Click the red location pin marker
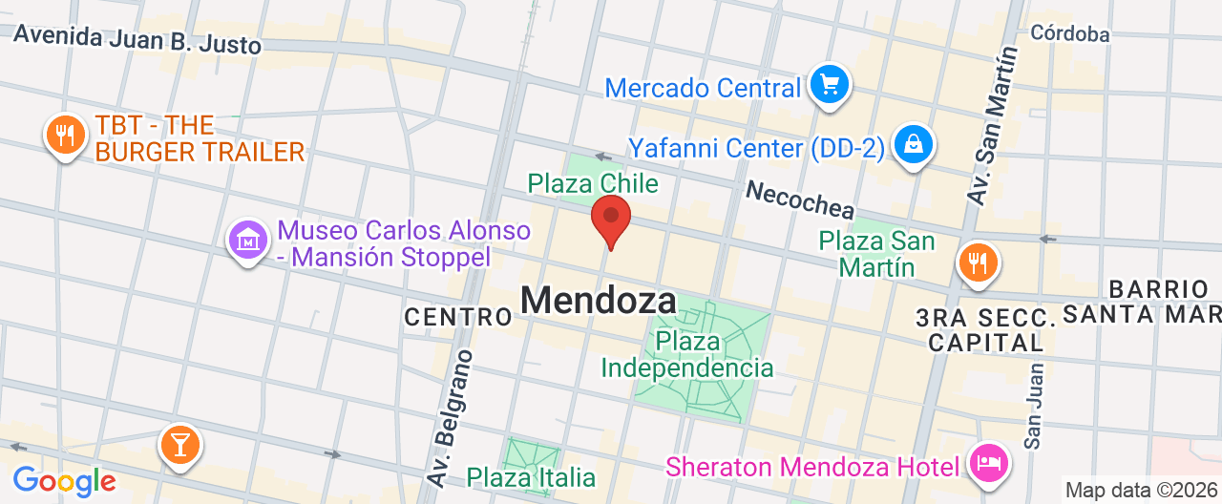(611, 219)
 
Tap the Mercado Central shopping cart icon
(829, 86)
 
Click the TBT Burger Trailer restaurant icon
(65, 136)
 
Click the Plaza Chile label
(593, 183)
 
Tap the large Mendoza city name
(599, 302)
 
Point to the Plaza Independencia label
(687, 354)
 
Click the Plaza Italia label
(531, 476)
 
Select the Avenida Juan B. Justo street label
(137, 40)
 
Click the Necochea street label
(800, 198)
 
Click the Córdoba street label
(1070, 34)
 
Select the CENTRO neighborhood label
(458, 317)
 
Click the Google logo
(64, 480)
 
